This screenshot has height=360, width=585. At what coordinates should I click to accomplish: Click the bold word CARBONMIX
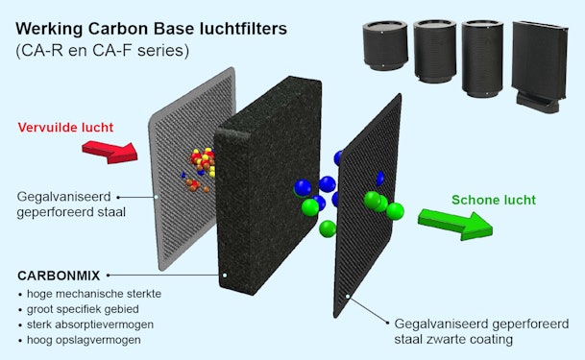pyautogui.click(x=58, y=276)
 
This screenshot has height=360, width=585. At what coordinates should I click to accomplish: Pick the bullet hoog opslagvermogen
pyautogui.click(x=85, y=340)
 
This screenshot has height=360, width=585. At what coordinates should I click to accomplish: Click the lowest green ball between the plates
pyautogui.click(x=329, y=228)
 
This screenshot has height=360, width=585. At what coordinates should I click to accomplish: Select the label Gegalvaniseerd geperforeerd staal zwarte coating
pyautogui.click(x=466, y=330)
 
